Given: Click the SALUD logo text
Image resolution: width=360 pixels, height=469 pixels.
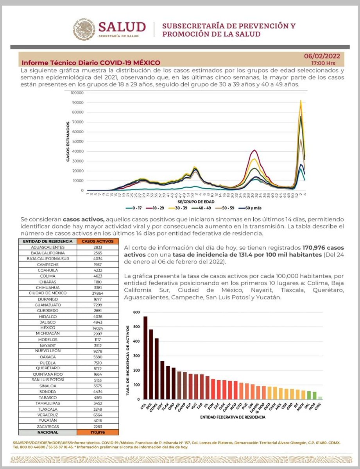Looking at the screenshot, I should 122,27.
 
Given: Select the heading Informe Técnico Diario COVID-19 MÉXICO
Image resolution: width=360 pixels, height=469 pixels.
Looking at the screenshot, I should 91,63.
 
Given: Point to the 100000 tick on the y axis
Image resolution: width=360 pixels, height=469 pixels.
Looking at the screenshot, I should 77,93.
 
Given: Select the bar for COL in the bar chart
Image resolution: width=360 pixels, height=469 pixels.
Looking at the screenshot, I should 145,358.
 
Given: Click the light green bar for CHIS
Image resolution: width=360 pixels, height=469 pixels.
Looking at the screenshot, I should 320,398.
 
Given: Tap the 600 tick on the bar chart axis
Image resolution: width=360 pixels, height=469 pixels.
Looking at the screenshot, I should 136,312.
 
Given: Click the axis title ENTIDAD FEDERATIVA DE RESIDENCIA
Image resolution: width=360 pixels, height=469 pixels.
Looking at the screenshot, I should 233,417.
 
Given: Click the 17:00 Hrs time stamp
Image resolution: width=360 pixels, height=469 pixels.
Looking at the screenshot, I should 323,63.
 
